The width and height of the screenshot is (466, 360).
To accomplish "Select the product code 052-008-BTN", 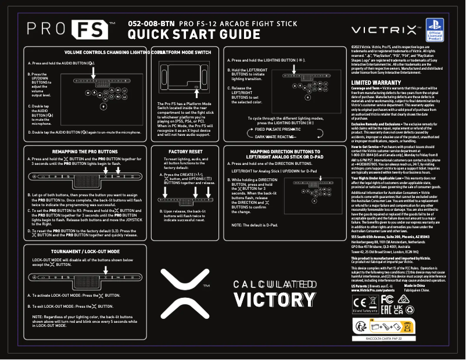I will pyautogui.click(x=151, y=23).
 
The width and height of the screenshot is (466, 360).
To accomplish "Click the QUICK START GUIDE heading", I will pyautogui.click(x=193, y=35).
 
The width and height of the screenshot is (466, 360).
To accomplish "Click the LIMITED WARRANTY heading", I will pyautogui.click(x=376, y=83).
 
